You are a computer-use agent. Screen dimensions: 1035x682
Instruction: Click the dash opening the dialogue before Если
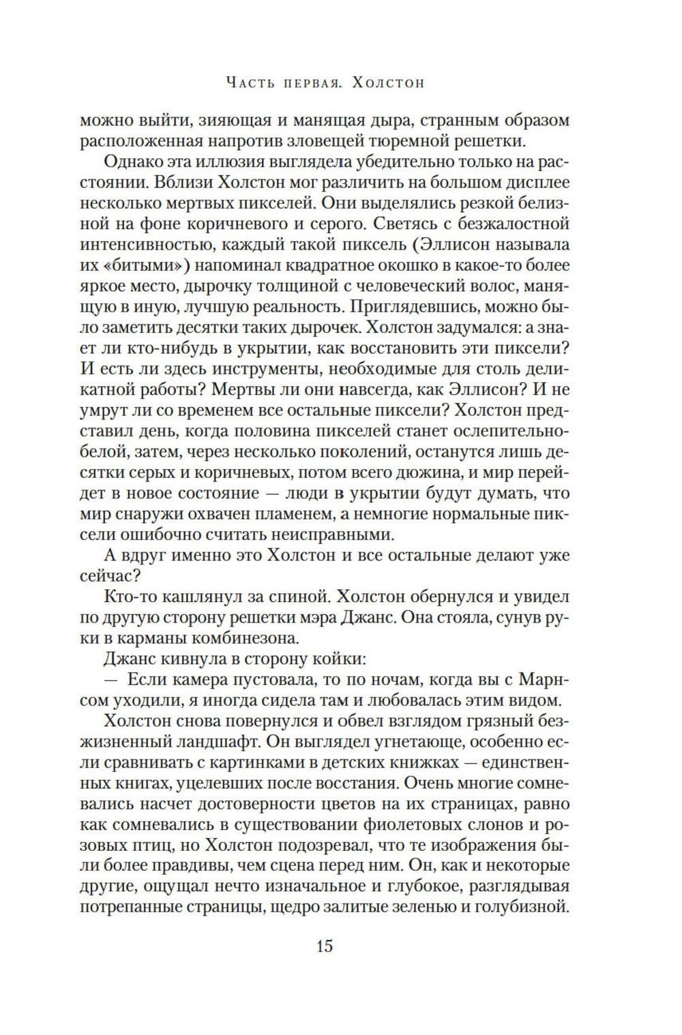113,680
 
